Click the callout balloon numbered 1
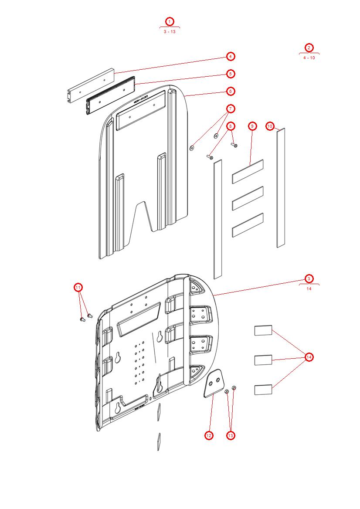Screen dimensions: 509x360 (x=170, y=21)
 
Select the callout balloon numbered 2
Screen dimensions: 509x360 (x=309, y=48)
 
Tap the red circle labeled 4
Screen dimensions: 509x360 (x=231, y=56)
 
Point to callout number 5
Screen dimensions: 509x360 (x=231, y=74)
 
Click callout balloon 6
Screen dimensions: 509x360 (x=231, y=91)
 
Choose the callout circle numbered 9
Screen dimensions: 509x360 (x=252, y=126)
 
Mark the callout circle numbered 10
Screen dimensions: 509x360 (x=270, y=126)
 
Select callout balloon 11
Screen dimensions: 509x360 (x=78, y=287)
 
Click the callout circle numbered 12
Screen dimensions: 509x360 (x=209, y=435)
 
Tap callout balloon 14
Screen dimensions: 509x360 (x=309, y=357)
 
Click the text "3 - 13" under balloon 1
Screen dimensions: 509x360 (x=170, y=32)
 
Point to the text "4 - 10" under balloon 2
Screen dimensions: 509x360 (x=309, y=58)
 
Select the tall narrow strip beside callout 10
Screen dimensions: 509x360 (x=281, y=187)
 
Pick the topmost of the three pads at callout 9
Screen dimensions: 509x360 (x=248, y=171)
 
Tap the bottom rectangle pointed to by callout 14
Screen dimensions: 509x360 (x=263, y=389)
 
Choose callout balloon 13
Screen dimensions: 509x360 (x=231, y=435)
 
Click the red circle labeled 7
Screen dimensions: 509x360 (x=231, y=109)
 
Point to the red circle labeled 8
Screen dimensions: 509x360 (x=231, y=126)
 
